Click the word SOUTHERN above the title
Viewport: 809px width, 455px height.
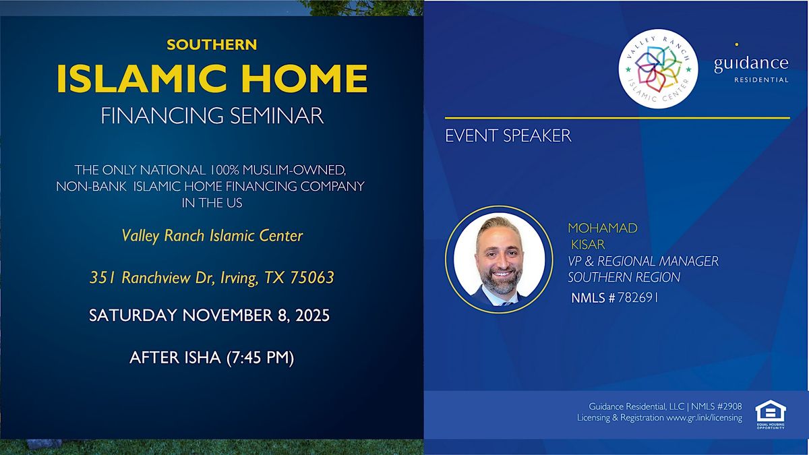pos(212,45)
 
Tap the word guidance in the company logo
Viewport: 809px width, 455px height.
pos(751,63)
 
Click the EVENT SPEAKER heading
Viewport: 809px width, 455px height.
pos(508,135)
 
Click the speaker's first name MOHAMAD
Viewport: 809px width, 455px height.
pos(602,229)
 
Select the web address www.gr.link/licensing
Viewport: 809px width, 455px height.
pos(704,418)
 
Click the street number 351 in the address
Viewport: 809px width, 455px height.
pos(103,278)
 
